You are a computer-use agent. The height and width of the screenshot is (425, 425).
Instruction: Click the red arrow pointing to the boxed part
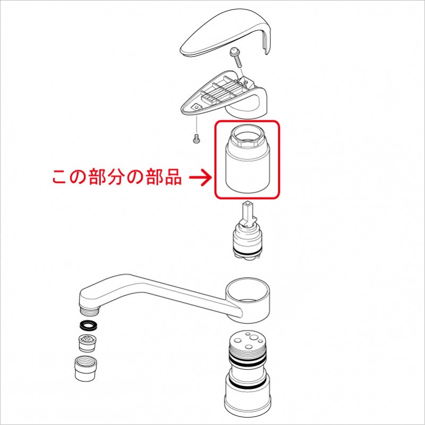(x=200, y=177)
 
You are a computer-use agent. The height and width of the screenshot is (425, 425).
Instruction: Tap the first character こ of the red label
(x=59, y=177)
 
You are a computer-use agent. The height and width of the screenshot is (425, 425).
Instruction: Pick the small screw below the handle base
(x=195, y=139)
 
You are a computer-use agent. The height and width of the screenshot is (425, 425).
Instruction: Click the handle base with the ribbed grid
(x=224, y=95)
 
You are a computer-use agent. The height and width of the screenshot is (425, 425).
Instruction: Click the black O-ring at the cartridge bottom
(x=246, y=253)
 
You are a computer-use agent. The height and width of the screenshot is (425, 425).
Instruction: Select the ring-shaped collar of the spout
(x=248, y=300)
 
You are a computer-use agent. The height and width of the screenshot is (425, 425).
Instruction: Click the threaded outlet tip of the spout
(x=89, y=311)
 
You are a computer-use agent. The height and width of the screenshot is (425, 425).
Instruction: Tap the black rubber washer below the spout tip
(x=89, y=326)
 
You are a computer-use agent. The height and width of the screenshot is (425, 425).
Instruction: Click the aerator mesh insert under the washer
(x=87, y=343)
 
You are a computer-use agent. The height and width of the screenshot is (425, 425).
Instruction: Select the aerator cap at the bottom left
(x=86, y=368)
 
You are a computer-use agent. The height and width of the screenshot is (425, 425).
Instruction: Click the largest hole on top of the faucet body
(x=254, y=338)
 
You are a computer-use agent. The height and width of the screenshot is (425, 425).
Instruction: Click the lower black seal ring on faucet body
(x=248, y=385)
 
